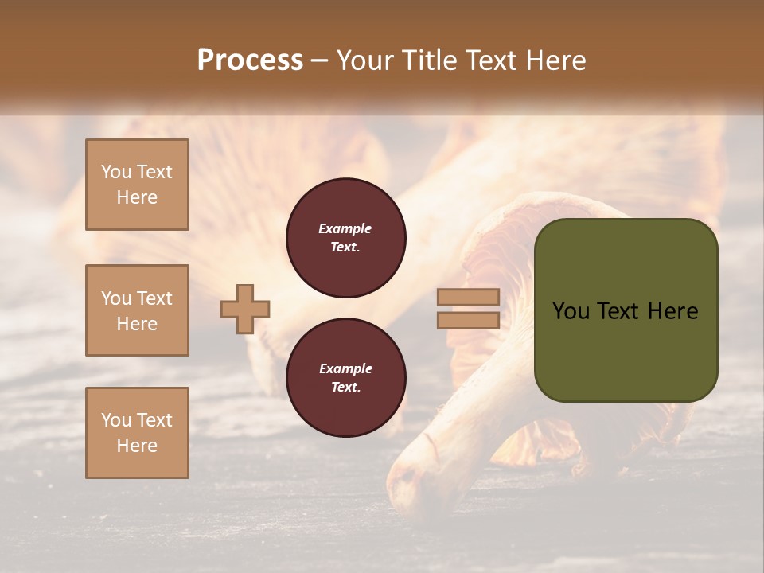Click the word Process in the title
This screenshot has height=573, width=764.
point(250,60)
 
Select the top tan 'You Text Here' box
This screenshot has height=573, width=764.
point(137,185)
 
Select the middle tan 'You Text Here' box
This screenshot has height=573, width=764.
point(137,310)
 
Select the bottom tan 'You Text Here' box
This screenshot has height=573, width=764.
point(137,433)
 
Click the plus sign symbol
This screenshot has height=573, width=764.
point(245,309)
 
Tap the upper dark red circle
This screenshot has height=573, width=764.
point(346,238)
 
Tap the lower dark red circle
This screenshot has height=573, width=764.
point(346,378)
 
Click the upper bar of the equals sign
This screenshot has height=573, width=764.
point(468,298)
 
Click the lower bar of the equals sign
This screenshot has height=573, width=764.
point(468,320)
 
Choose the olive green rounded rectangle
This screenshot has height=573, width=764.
point(626,350)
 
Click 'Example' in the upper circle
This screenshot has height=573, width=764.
point(345,228)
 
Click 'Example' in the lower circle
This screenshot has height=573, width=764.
point(345,368)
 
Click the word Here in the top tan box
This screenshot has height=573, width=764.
point(137,197)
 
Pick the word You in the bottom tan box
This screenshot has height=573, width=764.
point(116,420)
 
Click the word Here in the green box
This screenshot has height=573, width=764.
point(672,311)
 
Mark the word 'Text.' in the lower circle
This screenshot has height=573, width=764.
point(345,388)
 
